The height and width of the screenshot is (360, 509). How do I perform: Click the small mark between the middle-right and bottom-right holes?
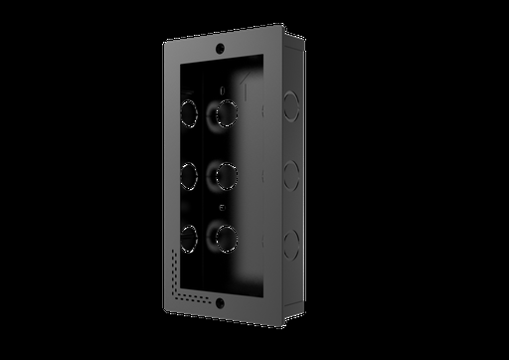click(x=224, y=209)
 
